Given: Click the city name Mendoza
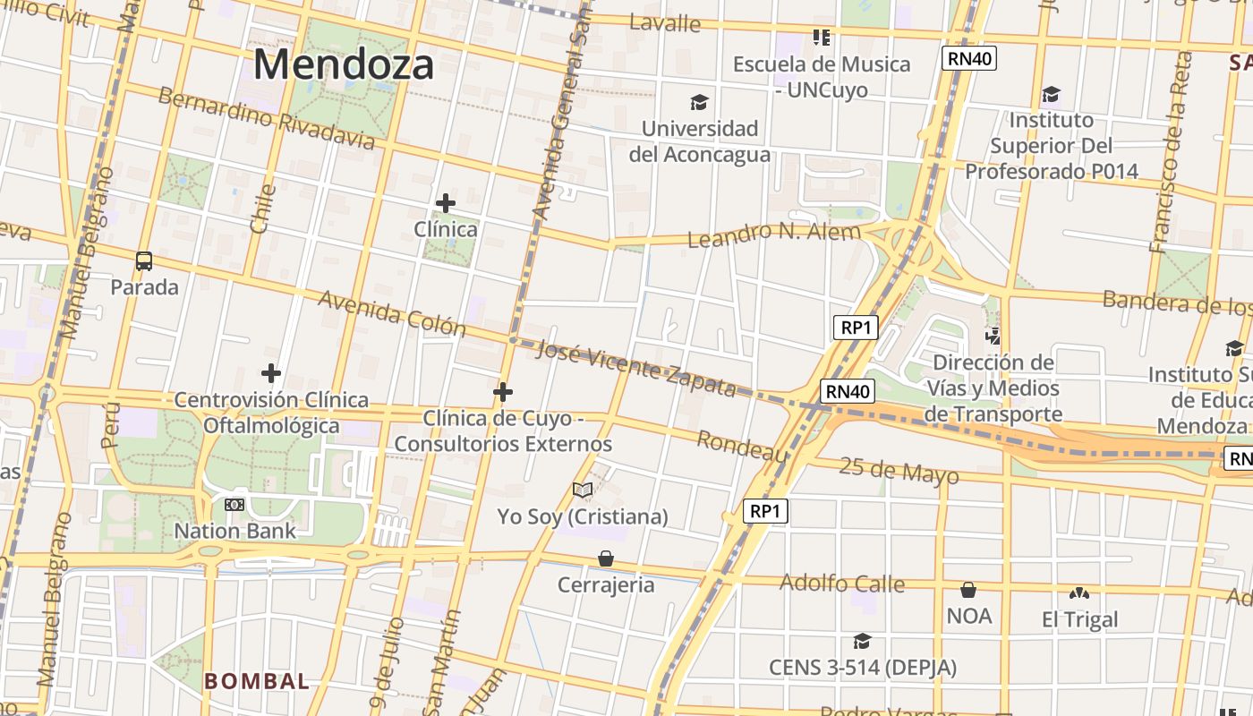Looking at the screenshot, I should [x=344, y=64].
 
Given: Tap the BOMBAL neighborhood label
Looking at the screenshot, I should [x=257, y=681].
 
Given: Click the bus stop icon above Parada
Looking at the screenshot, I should [x=144, y=261].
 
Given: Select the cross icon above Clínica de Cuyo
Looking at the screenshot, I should [x=503, y=392].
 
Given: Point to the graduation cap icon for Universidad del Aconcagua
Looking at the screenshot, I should [x=699, y=103].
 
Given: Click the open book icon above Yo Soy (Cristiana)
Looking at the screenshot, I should [x=583, y=490].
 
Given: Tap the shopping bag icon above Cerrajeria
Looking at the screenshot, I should [x=606, y=558].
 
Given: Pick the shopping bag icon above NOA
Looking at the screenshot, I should [x=968, y=590].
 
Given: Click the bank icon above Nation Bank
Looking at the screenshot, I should [x=234, y=505].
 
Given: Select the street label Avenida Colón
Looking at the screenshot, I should [x=392, y=312].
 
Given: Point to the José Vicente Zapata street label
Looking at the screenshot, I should [x=635, y=368].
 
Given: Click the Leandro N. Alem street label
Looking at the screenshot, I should [x=773, y=234].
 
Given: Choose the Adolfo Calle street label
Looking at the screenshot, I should [x=841, y=584].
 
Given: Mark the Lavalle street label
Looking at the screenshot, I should [x=664, y=23].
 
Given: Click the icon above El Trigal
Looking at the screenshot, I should [x=1079, y=592].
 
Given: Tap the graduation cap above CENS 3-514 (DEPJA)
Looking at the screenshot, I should [x=862, y=641].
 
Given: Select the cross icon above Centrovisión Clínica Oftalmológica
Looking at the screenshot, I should [x=271, y=373].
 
